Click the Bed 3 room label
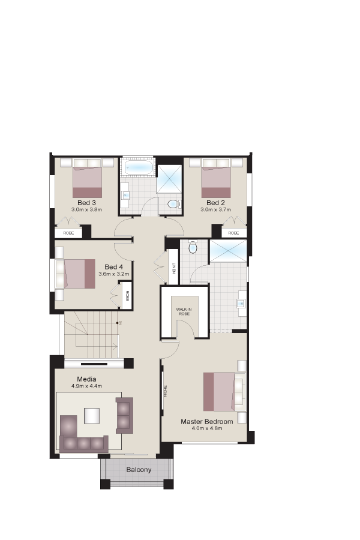(86, 203)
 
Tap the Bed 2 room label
(215, 203)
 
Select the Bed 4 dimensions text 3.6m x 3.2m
(113, 274)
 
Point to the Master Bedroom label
(206, 422)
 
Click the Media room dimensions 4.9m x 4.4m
(86, 386)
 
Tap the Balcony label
(139, 470)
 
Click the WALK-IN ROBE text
(184, 311)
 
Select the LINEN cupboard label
(174, 268)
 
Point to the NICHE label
(166, 391)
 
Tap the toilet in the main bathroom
(174, 204)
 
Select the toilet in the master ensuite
(193, 247)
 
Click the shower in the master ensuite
(229, 250)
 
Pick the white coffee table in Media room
(92, 416)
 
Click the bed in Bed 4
(80, 274)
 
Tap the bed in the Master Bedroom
(220, 392)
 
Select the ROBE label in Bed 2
(233, 233)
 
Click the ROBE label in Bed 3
(68, 233)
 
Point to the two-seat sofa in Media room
(124, 415)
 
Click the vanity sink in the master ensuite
(241, 304)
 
